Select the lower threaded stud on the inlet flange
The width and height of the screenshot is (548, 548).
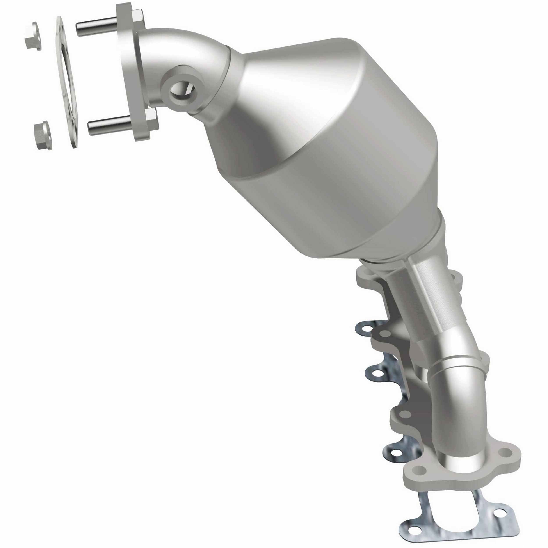108,124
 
